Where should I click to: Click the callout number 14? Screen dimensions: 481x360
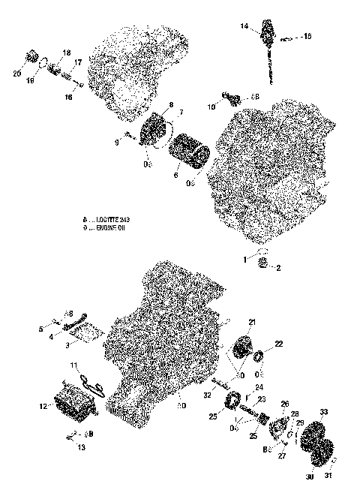coord(244,26)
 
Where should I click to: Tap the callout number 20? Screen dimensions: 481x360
coord(18,73)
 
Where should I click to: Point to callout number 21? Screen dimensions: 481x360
coord(251,322)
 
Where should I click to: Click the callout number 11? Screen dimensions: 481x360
coord(74,365)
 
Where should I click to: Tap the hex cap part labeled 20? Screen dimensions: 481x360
coord(32,57)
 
